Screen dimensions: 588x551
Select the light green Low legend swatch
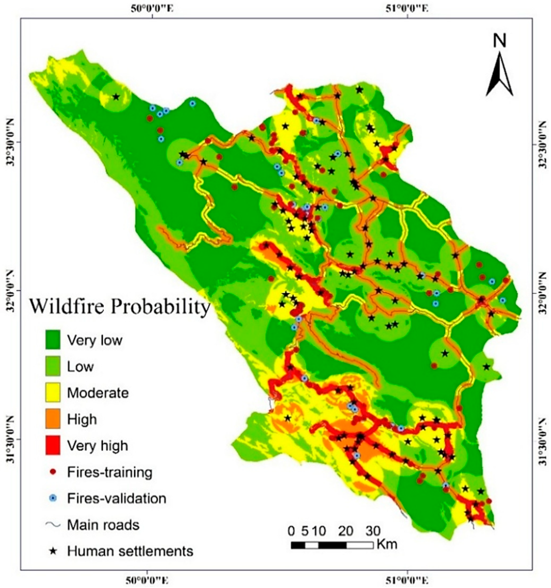pyautogui.click(x=53, y=366)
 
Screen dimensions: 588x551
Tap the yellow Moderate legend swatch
pyautogui.click(x=53, y=392)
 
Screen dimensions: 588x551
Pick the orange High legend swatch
pyautogui.click(x=53, y=419)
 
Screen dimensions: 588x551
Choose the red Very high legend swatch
pyautogui.click(x=53, y=445)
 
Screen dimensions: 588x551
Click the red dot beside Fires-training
pyautogui.click(x=53, y=472)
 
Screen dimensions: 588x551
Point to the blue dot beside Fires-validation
pyautogui.click(x=53, y=498)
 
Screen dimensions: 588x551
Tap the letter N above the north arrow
pyautogui.click(x=500, y=42)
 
